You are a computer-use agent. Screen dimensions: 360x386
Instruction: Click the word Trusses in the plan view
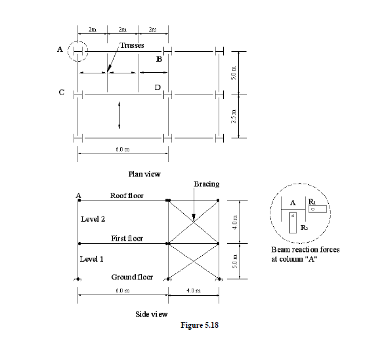[131, 45]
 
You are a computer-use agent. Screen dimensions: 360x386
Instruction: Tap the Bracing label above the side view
[207, 184]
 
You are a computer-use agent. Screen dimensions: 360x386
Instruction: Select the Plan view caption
[144, 174]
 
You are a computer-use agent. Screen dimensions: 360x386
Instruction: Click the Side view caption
[151, 314]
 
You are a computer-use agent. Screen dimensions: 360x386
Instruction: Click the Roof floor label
[127, 195]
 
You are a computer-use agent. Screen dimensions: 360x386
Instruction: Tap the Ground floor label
[132, 277]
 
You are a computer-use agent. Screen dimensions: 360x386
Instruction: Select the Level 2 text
[92, 218]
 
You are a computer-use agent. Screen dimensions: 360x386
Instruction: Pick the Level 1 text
[92, 259]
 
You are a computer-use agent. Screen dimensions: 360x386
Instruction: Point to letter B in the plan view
[159, 60]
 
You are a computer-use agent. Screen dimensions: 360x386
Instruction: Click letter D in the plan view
[158, 87]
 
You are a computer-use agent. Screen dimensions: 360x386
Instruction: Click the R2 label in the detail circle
[303, 227]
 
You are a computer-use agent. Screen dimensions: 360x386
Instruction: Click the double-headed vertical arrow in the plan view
[119, 115]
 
